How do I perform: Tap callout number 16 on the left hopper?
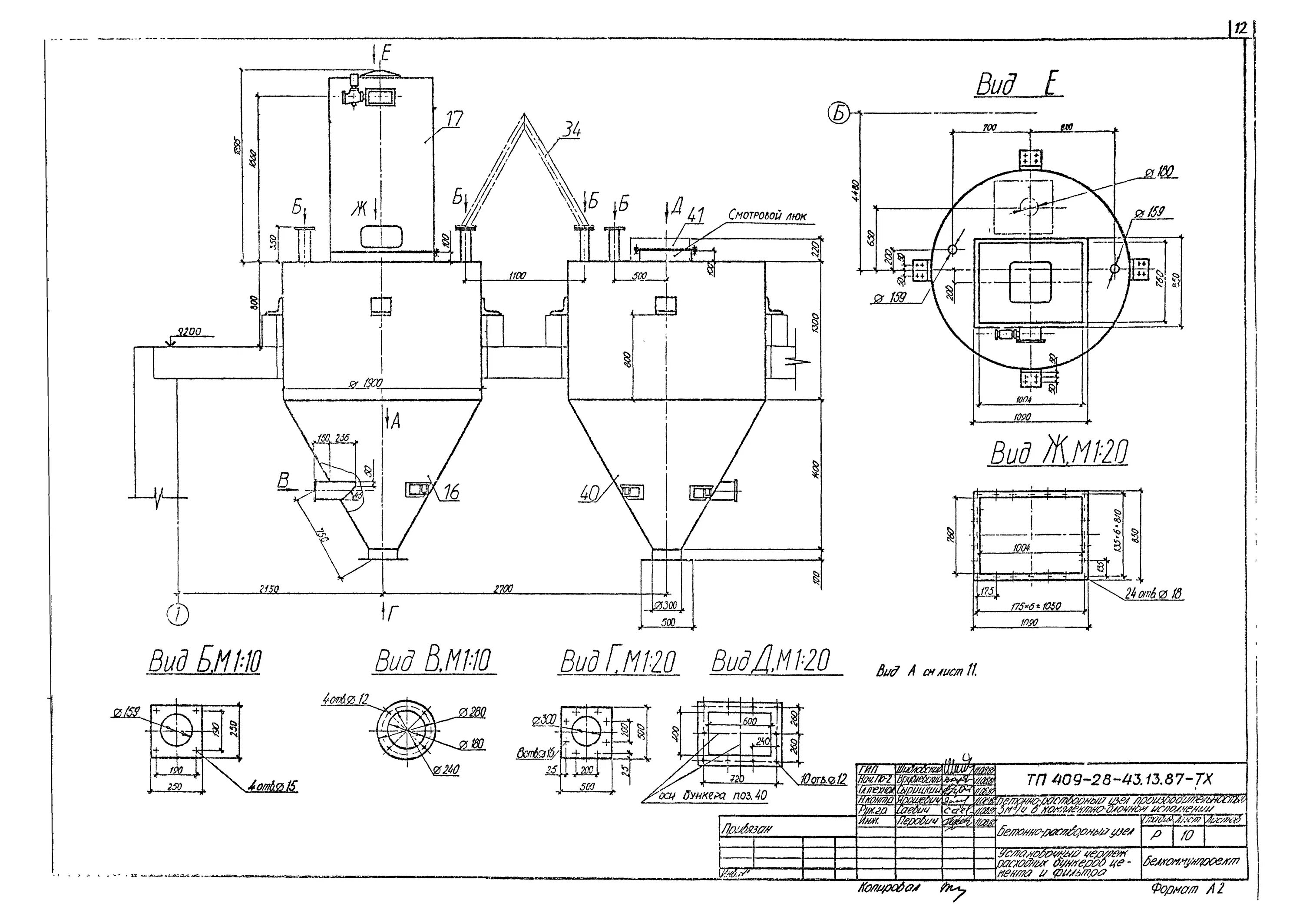tap(450, 493)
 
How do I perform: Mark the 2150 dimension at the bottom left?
tap(269, 590)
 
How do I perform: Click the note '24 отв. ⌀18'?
tap(1153, 594)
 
